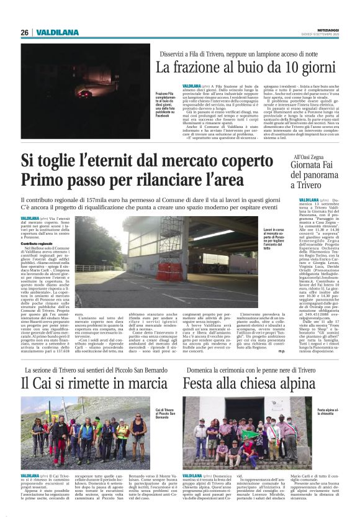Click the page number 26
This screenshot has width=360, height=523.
coord(24,32)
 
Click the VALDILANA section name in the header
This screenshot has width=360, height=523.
coord(57,32)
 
